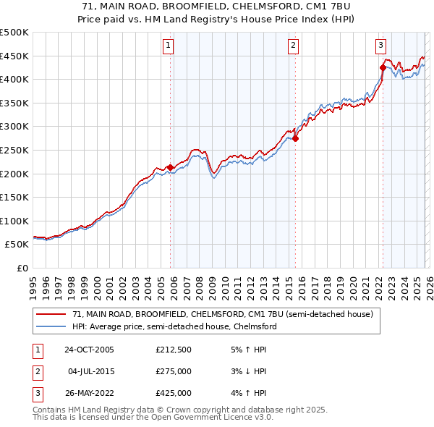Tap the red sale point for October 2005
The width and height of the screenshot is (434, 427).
171,168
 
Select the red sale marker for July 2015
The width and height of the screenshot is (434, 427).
295,138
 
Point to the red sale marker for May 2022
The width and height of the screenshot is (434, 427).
383,67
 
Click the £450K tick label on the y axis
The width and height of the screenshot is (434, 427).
14,56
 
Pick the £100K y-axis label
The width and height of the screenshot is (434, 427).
14,221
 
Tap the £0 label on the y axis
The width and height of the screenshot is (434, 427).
22,268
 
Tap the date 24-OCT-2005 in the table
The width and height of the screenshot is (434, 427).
89,350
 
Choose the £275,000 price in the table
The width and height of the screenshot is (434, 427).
174,371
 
